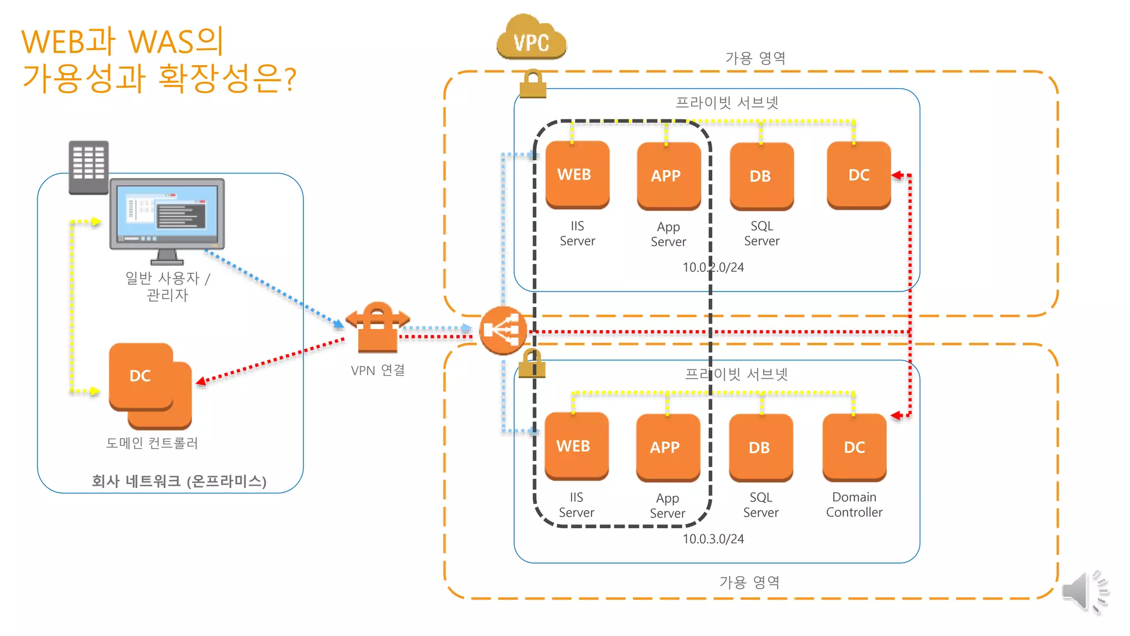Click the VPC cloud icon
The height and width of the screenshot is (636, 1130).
531,38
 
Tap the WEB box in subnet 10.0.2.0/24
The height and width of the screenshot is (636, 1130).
577,175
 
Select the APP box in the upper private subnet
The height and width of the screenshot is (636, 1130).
668,176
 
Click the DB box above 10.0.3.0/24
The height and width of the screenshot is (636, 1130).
760,447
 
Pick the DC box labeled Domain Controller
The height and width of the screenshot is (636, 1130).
854,447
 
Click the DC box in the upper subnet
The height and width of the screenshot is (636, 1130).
859,175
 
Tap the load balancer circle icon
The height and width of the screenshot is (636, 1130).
502,330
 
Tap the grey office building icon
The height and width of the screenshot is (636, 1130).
88,167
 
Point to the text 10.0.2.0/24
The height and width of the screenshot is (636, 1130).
713,267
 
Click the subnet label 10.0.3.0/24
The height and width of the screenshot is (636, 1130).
713,539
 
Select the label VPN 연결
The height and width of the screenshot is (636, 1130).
378,370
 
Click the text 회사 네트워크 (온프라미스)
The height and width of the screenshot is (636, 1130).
179,481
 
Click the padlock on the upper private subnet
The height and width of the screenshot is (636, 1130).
532,84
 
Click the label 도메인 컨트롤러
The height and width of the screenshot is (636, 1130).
152,443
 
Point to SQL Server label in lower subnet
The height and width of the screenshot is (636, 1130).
760,505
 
